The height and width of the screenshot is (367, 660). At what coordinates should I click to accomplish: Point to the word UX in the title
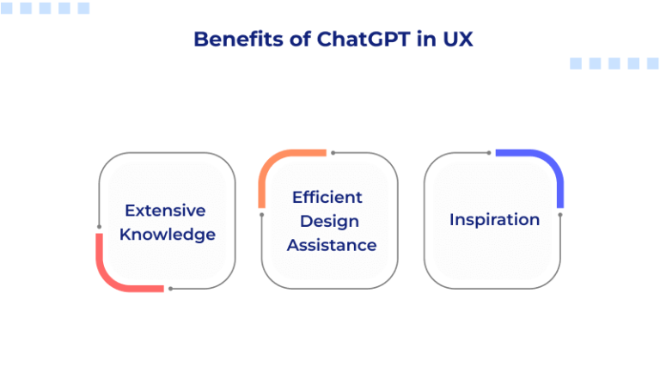pyautogui.click(x=455, y=40)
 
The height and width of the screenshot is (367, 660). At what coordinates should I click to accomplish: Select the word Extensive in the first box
pyautogui.click(x=165, y=211)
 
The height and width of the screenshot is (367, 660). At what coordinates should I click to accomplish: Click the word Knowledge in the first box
pyautogui.click(x=168, y=234)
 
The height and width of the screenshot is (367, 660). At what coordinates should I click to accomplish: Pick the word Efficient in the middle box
pyautogui.click(x=327, y=197)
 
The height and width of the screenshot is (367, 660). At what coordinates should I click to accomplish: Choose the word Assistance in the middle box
pyautogui.click(x=332, y=245)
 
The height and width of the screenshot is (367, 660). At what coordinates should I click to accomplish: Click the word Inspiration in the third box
pyautogui.click(x=494, y=219)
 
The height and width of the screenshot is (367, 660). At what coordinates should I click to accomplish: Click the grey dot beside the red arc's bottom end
pyautogui.click(x=170, y=288)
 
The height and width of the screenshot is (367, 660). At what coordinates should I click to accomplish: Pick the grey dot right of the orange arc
pyautogui.click(x=333, y=153)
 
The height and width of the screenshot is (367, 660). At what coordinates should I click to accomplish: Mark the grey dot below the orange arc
pyautogui.click(x=262, y=214)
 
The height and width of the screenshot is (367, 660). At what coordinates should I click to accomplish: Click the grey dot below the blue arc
pyautogui.click(x=560, y=214)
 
